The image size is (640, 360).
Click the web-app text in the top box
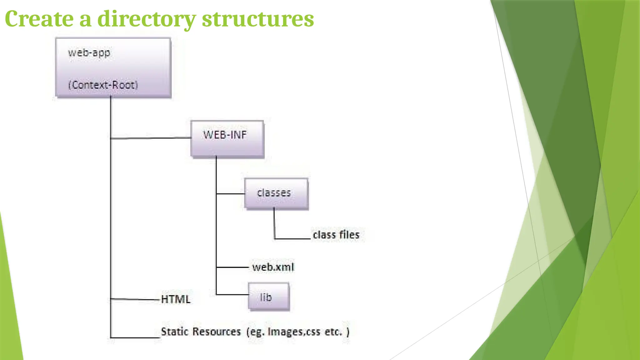tap(89, 52)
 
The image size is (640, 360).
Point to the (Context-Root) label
tap(103, 85)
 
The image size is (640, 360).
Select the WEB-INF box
tap(227, 138)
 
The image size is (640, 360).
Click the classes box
tap(276, 193)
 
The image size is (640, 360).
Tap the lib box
tap(268, 297)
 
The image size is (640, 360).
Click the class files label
tap(336, 235)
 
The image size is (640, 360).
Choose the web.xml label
tap(273, 267)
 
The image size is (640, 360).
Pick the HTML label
tap(175, 299)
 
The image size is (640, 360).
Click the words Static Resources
tap(201, 332)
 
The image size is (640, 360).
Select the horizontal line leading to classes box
tap(231, 194)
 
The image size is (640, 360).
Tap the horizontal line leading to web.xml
tap(232, 267)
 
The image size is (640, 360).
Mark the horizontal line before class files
tap(292, 239)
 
